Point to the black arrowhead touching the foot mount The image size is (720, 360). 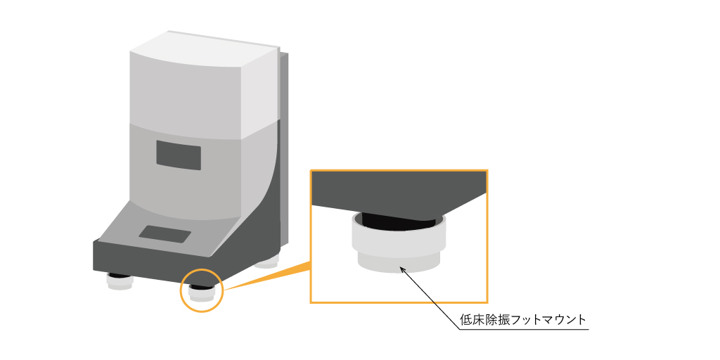click(401, 267)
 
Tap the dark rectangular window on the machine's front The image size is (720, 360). click(179, 153)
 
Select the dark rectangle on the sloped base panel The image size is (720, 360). click(165, 233)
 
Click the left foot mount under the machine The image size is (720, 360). click(120, 283)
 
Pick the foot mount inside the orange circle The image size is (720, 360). click(202, 290)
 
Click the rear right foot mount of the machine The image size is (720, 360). click(267, 264)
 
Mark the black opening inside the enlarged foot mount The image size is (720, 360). click(397, 223)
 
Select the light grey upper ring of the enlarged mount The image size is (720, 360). click(398, 243)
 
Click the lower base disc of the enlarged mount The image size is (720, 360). click(398, 264)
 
